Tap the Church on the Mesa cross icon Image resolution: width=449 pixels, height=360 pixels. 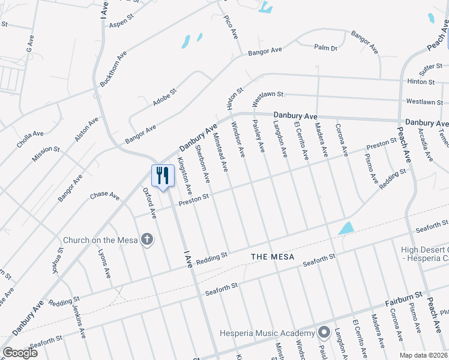[x=147, y=241]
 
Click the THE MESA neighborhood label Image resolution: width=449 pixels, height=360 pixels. [x=273, y=257]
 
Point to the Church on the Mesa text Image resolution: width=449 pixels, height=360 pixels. [x=100, y=241]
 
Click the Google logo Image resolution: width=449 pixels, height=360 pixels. [x=20, y=353]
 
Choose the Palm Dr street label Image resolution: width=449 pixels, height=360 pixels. [x=325, y=47]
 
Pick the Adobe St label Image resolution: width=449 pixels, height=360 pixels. [x=164, y=97]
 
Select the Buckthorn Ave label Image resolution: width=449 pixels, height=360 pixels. [x=113, y=68]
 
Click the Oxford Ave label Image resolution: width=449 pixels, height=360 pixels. [x=149, y=203]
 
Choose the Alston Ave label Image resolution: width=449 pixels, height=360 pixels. [x=86, y=130]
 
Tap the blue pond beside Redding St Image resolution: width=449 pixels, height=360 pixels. [x=346, y=229]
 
